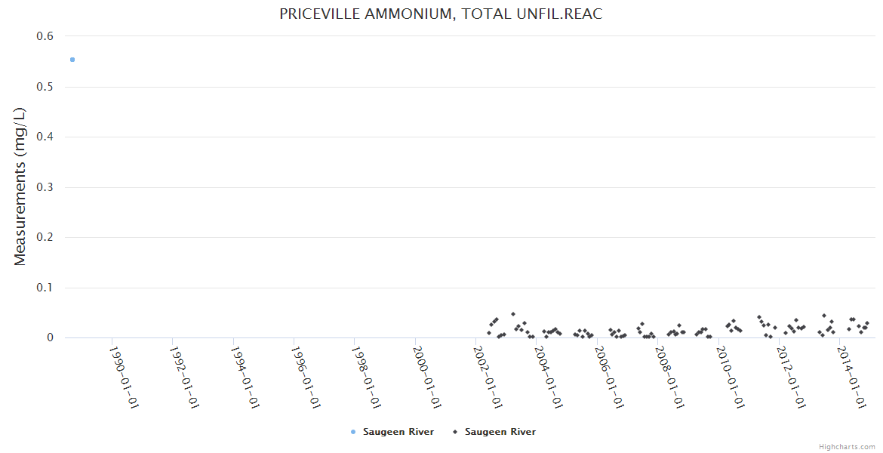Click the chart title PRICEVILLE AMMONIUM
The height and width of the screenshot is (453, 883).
click(x=441, y=14)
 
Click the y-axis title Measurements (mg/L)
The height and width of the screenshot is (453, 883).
click(x=20, y=186)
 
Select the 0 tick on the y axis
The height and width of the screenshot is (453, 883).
click(x=51, y=337)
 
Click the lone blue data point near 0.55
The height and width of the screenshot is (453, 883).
click(x=72, y=60)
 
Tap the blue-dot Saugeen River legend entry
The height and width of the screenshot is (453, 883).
click(x=392, y=432)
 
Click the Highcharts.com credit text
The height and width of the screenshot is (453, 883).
click(x=847, y=446)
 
